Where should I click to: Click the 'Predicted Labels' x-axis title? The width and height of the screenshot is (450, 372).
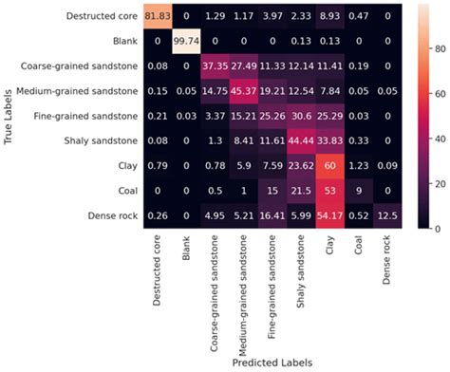(272, 362)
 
